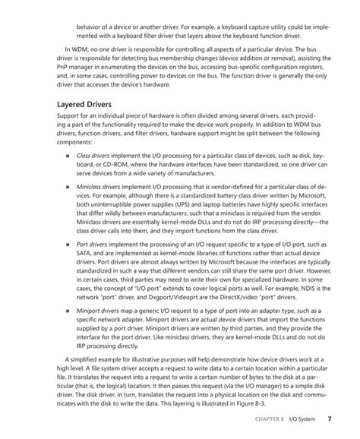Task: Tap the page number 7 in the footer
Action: pyautogui.click(x=329, y=418)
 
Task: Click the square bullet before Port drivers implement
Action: pyautogui.click(x=68, y=267)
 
